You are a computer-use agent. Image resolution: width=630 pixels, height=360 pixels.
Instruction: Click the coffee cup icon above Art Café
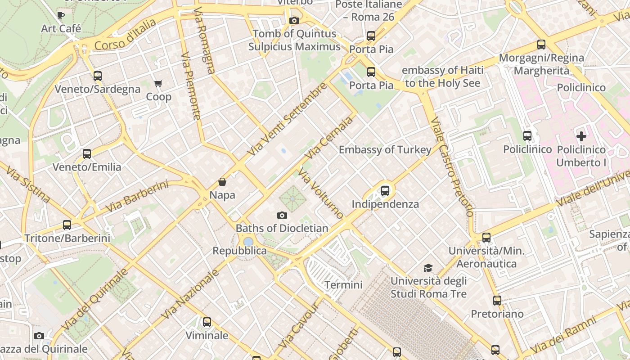(61, 15)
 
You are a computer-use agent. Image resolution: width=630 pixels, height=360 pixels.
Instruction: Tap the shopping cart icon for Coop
(158, 83)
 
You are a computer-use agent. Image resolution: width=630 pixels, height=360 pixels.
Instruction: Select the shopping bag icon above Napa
(222, 182)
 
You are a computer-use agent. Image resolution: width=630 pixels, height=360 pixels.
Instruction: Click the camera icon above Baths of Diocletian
(282, 215)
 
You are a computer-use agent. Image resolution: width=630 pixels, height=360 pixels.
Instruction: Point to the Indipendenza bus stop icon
(385, 190)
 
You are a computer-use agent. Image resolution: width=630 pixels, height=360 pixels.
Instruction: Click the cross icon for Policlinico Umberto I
(581, 136)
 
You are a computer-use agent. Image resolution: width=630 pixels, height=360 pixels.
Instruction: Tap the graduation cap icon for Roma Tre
(428, 268)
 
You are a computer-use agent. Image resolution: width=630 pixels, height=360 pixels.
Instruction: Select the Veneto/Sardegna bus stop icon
(97, 76)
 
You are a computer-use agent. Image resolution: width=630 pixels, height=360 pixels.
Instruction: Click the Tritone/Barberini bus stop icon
(67, 225)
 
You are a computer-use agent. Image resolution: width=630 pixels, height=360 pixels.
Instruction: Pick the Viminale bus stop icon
(207, 322)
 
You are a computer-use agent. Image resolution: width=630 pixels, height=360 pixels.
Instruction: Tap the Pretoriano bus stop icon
(497, 300)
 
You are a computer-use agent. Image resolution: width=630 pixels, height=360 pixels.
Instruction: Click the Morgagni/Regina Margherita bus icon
(541, 45)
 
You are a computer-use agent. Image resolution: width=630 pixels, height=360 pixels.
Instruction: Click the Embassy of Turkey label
(385, 149)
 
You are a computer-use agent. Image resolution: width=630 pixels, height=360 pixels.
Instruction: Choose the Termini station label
(343, 285)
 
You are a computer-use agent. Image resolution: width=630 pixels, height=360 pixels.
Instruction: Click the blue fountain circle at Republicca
(248, 242)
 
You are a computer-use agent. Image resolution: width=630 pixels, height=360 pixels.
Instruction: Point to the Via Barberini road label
(137, 197)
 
